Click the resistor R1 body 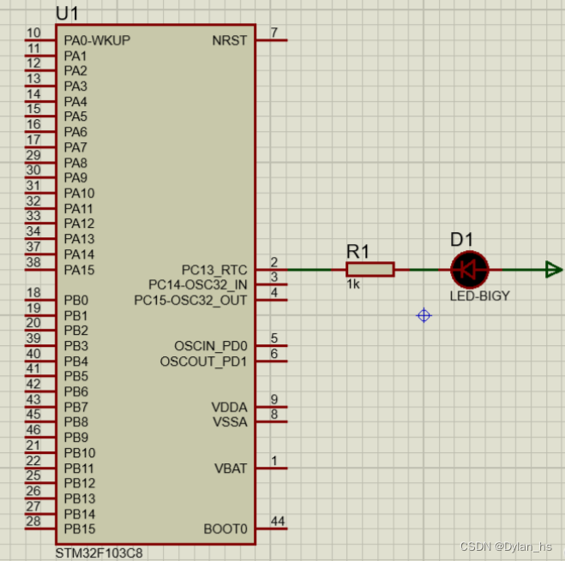click(370, 270)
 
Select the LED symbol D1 click(469, 270)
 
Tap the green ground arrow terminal click(553, 270)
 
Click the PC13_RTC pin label click(213, 270)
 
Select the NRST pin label click(229, 40)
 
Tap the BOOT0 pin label click(225, 529)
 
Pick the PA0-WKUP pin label click(97, 40)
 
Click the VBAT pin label click(230, 468)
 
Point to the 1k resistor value click(353, 285)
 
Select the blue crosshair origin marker click(424, 316)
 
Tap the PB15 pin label click(80, 529)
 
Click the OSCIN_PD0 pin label click(210, 346)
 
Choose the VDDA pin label click(229, 407)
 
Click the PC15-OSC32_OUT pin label click(190, 301)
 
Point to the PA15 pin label click(80, 270)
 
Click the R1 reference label click(358, 251)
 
